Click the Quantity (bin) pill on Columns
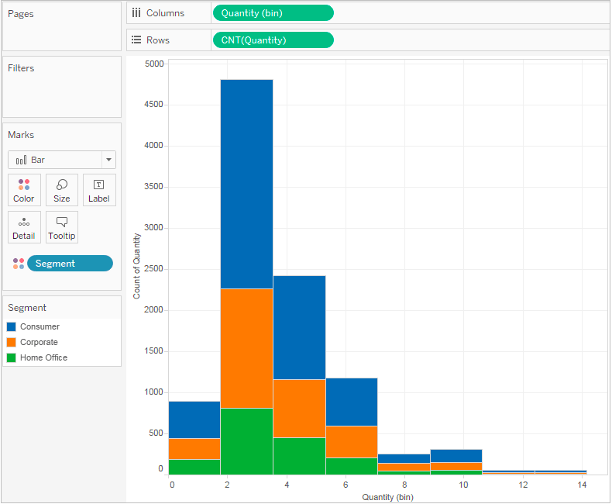click(x=272, y=12)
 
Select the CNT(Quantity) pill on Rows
click(x=272, y=40)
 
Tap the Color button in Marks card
click(x=24, y=190)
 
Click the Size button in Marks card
click(x=62, y=190)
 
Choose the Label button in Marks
click(x=99, y=190)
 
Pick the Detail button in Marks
click(x=24, y=227)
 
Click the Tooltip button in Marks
click(x=62, y=227)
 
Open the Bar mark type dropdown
click(x=109, y=160)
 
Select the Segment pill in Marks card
click(x=70, y=264)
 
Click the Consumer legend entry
click(x=40, y=327)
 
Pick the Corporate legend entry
click(x=39, y=343)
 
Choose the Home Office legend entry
click(x=43, y=358)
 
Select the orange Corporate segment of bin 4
click(x=299, y=408)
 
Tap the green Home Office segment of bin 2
click(x=246, y=440)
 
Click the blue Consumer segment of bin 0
click(x=194, y=419)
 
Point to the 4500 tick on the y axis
click(x=153, y=105)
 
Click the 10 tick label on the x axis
click(x=463, y=485)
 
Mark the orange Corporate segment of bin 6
click(x=352, y=441)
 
